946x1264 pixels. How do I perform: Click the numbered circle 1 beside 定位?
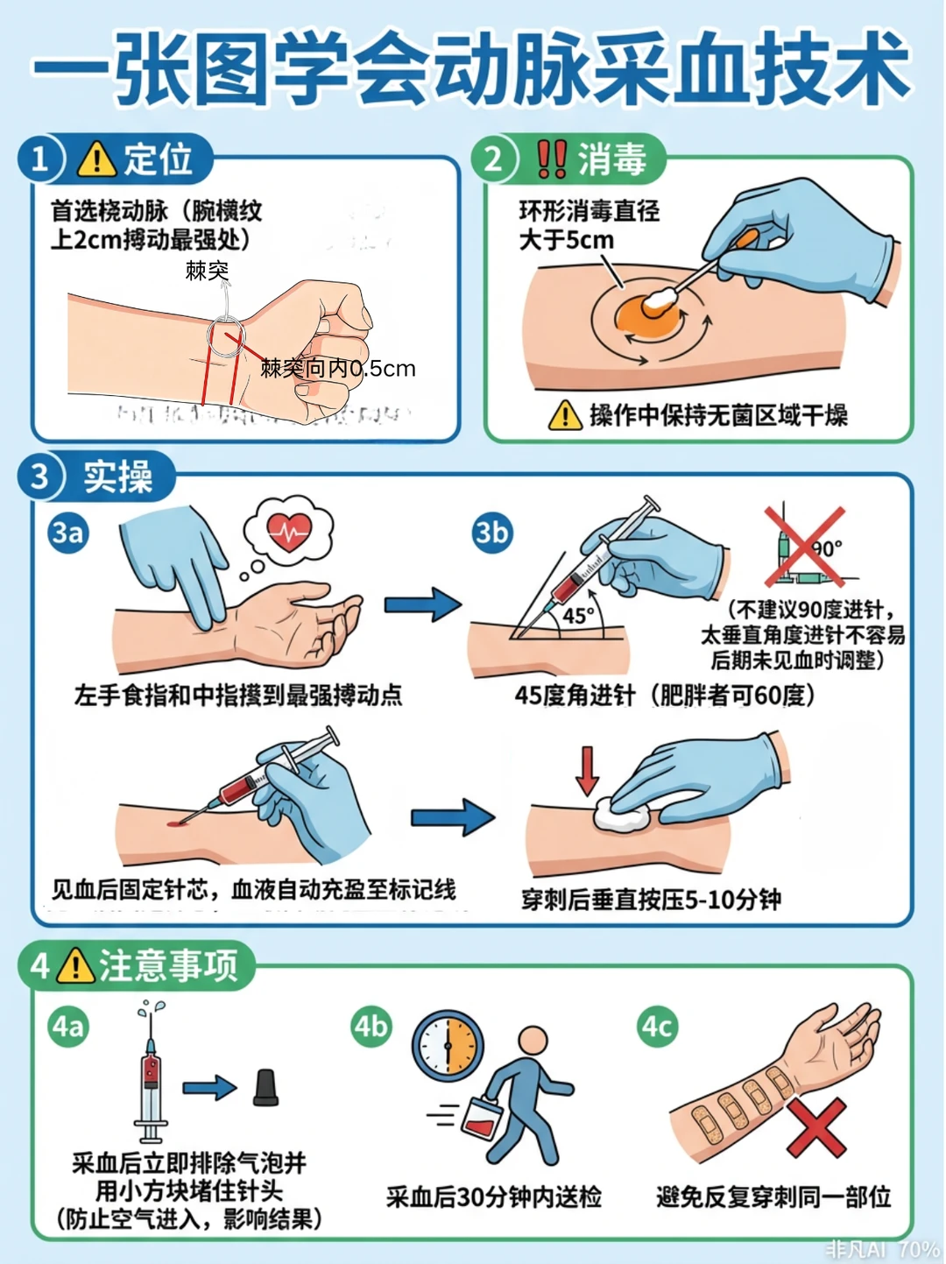[x=40, y=159]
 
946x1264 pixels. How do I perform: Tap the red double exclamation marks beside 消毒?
[x=551, y=159]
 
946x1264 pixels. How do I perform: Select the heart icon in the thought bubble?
[x=289, y=529]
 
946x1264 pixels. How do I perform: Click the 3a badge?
[x=68, y=533]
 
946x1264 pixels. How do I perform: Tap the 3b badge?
[x=491, y=533]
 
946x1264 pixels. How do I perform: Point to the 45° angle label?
[x=578, y=616]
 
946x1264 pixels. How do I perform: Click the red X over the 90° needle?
[x=804, y=546]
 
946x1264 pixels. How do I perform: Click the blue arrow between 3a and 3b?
[x=422, y=605]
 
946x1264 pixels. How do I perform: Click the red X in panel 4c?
[x=816, y=1128]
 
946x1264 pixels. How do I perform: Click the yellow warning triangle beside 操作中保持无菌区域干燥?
[x=565, y=415]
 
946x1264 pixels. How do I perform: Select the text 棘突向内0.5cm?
[x=338, y=369]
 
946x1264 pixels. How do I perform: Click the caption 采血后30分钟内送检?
[x=494, y=1197]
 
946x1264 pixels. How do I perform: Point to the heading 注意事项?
[x=168, y=965]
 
